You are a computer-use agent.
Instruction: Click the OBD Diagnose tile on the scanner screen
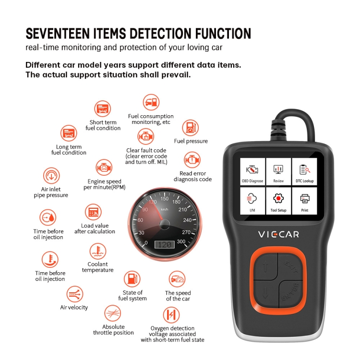[x=252, y=171]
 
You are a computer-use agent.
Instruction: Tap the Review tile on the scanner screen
[x=278, y=171]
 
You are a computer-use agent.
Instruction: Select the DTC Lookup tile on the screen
[x=304, y=171]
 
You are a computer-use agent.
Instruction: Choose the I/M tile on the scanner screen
[x=252, y=201]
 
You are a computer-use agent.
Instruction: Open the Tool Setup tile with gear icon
[x=278, y=201]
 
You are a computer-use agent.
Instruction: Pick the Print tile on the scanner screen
[x=304, y=201]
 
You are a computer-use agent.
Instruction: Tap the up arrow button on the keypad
[x=265, y=266]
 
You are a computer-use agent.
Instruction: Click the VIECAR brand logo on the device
[x=278, y=234]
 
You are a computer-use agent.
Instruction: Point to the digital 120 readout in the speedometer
[x=164, y=245]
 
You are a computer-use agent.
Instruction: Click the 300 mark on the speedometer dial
[x=181, y=241]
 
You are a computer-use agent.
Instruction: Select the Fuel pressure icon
[x=191, y=128]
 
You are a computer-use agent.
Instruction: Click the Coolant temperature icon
[x=98, y=251]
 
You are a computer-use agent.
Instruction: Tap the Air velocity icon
[x=74, y=294]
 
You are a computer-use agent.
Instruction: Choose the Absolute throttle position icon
[x=112, y=313]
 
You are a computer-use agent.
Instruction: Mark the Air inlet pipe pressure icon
[x=51, y=176]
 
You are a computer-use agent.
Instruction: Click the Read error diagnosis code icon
[x=192, y=160]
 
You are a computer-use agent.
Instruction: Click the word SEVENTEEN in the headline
[x=58, y=34]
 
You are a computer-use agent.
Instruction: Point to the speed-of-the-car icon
[x=177, y=279]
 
